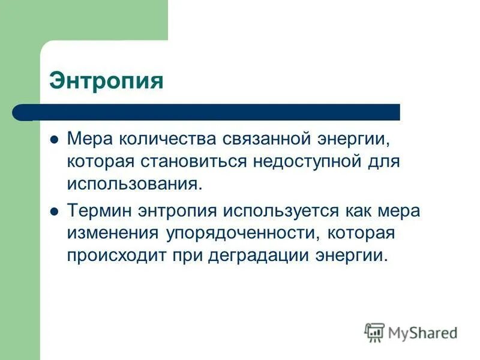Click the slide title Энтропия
point(106,81)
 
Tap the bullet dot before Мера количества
point(53,140)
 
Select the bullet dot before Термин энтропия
point(53,211)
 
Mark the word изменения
point(108,233)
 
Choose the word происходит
point(114,255)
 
